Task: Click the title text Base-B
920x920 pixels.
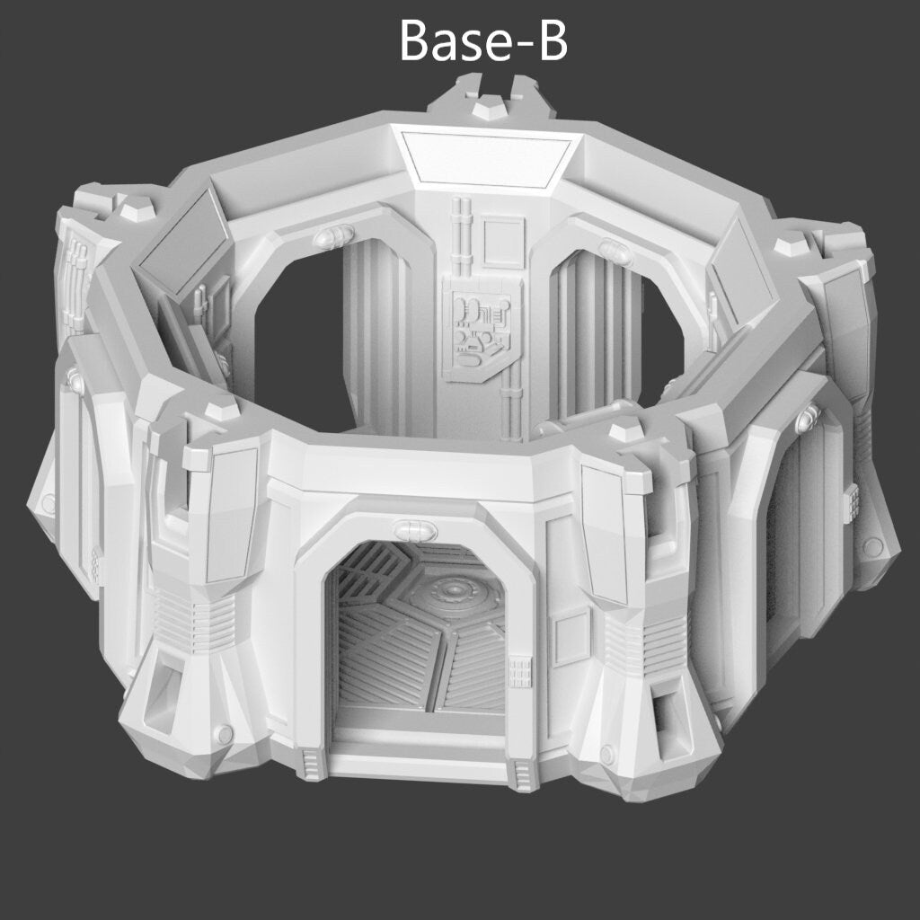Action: pos(483,40)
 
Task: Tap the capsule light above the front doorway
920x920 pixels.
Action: pos(415,530)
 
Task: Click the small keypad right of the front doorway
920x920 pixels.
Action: pos(520,672)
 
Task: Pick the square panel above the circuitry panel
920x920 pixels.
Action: pos(502,241)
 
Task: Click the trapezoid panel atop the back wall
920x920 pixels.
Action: pos(486,158)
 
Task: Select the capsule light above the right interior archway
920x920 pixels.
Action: pos(615,252)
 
